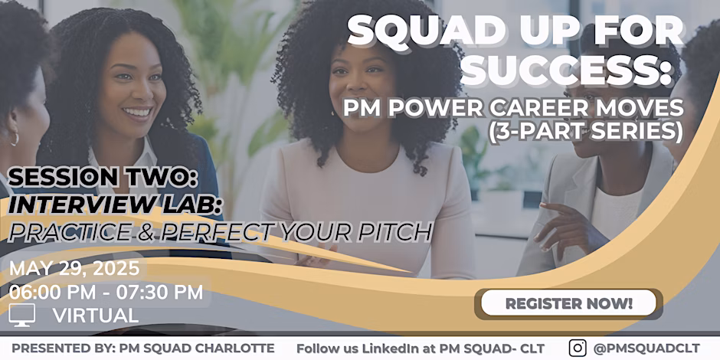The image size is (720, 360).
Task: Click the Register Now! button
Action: pos(568,303)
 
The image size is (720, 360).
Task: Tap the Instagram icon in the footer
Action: pos(578,348)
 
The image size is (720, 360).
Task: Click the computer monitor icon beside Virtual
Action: pos(21,315)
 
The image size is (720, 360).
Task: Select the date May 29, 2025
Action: pos(74,268)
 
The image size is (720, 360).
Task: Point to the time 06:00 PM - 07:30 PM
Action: pos(106,292)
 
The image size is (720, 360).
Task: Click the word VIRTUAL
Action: pos(96,316)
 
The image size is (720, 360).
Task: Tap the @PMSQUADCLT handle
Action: pos(646,348)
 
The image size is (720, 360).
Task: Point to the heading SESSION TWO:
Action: pos(103,178)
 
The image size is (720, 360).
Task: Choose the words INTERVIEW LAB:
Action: pos(112,204)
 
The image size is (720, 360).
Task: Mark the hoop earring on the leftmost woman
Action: pos(15,138)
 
